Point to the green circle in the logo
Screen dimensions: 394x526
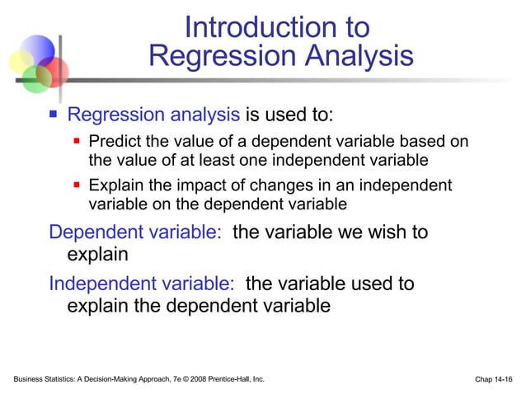[x=36, y=78]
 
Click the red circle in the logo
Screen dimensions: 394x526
[x=54, y=71]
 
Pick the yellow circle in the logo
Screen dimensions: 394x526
[x=21, y=63]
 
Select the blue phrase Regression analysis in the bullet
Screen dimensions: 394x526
[x=153, y=115]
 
